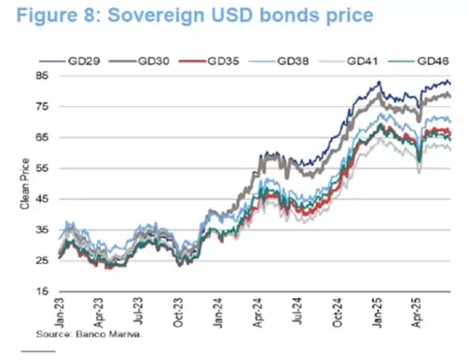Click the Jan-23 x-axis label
click(x=59, y=313)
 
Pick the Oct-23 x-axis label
click(x=179, y=313)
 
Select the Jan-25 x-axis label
click(x=379, y=313)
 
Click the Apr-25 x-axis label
click(x=419, y=313)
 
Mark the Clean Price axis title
click(x=25, y=184)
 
